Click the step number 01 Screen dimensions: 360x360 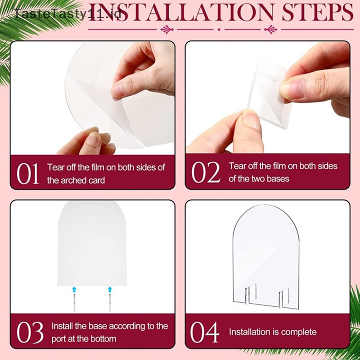[27, 174]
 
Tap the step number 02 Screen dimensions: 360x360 [206, 172]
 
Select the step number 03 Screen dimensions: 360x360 [30, 332]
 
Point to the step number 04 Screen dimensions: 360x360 [205, 332]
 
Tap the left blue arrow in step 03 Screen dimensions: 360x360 [74, 289]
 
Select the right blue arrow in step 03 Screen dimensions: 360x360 [110, 289]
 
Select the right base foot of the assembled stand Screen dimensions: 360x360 [284, 297]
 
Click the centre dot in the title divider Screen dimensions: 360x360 [219, 30]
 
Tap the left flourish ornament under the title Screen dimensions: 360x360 [167, 29]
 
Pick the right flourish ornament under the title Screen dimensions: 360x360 [271, 29]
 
